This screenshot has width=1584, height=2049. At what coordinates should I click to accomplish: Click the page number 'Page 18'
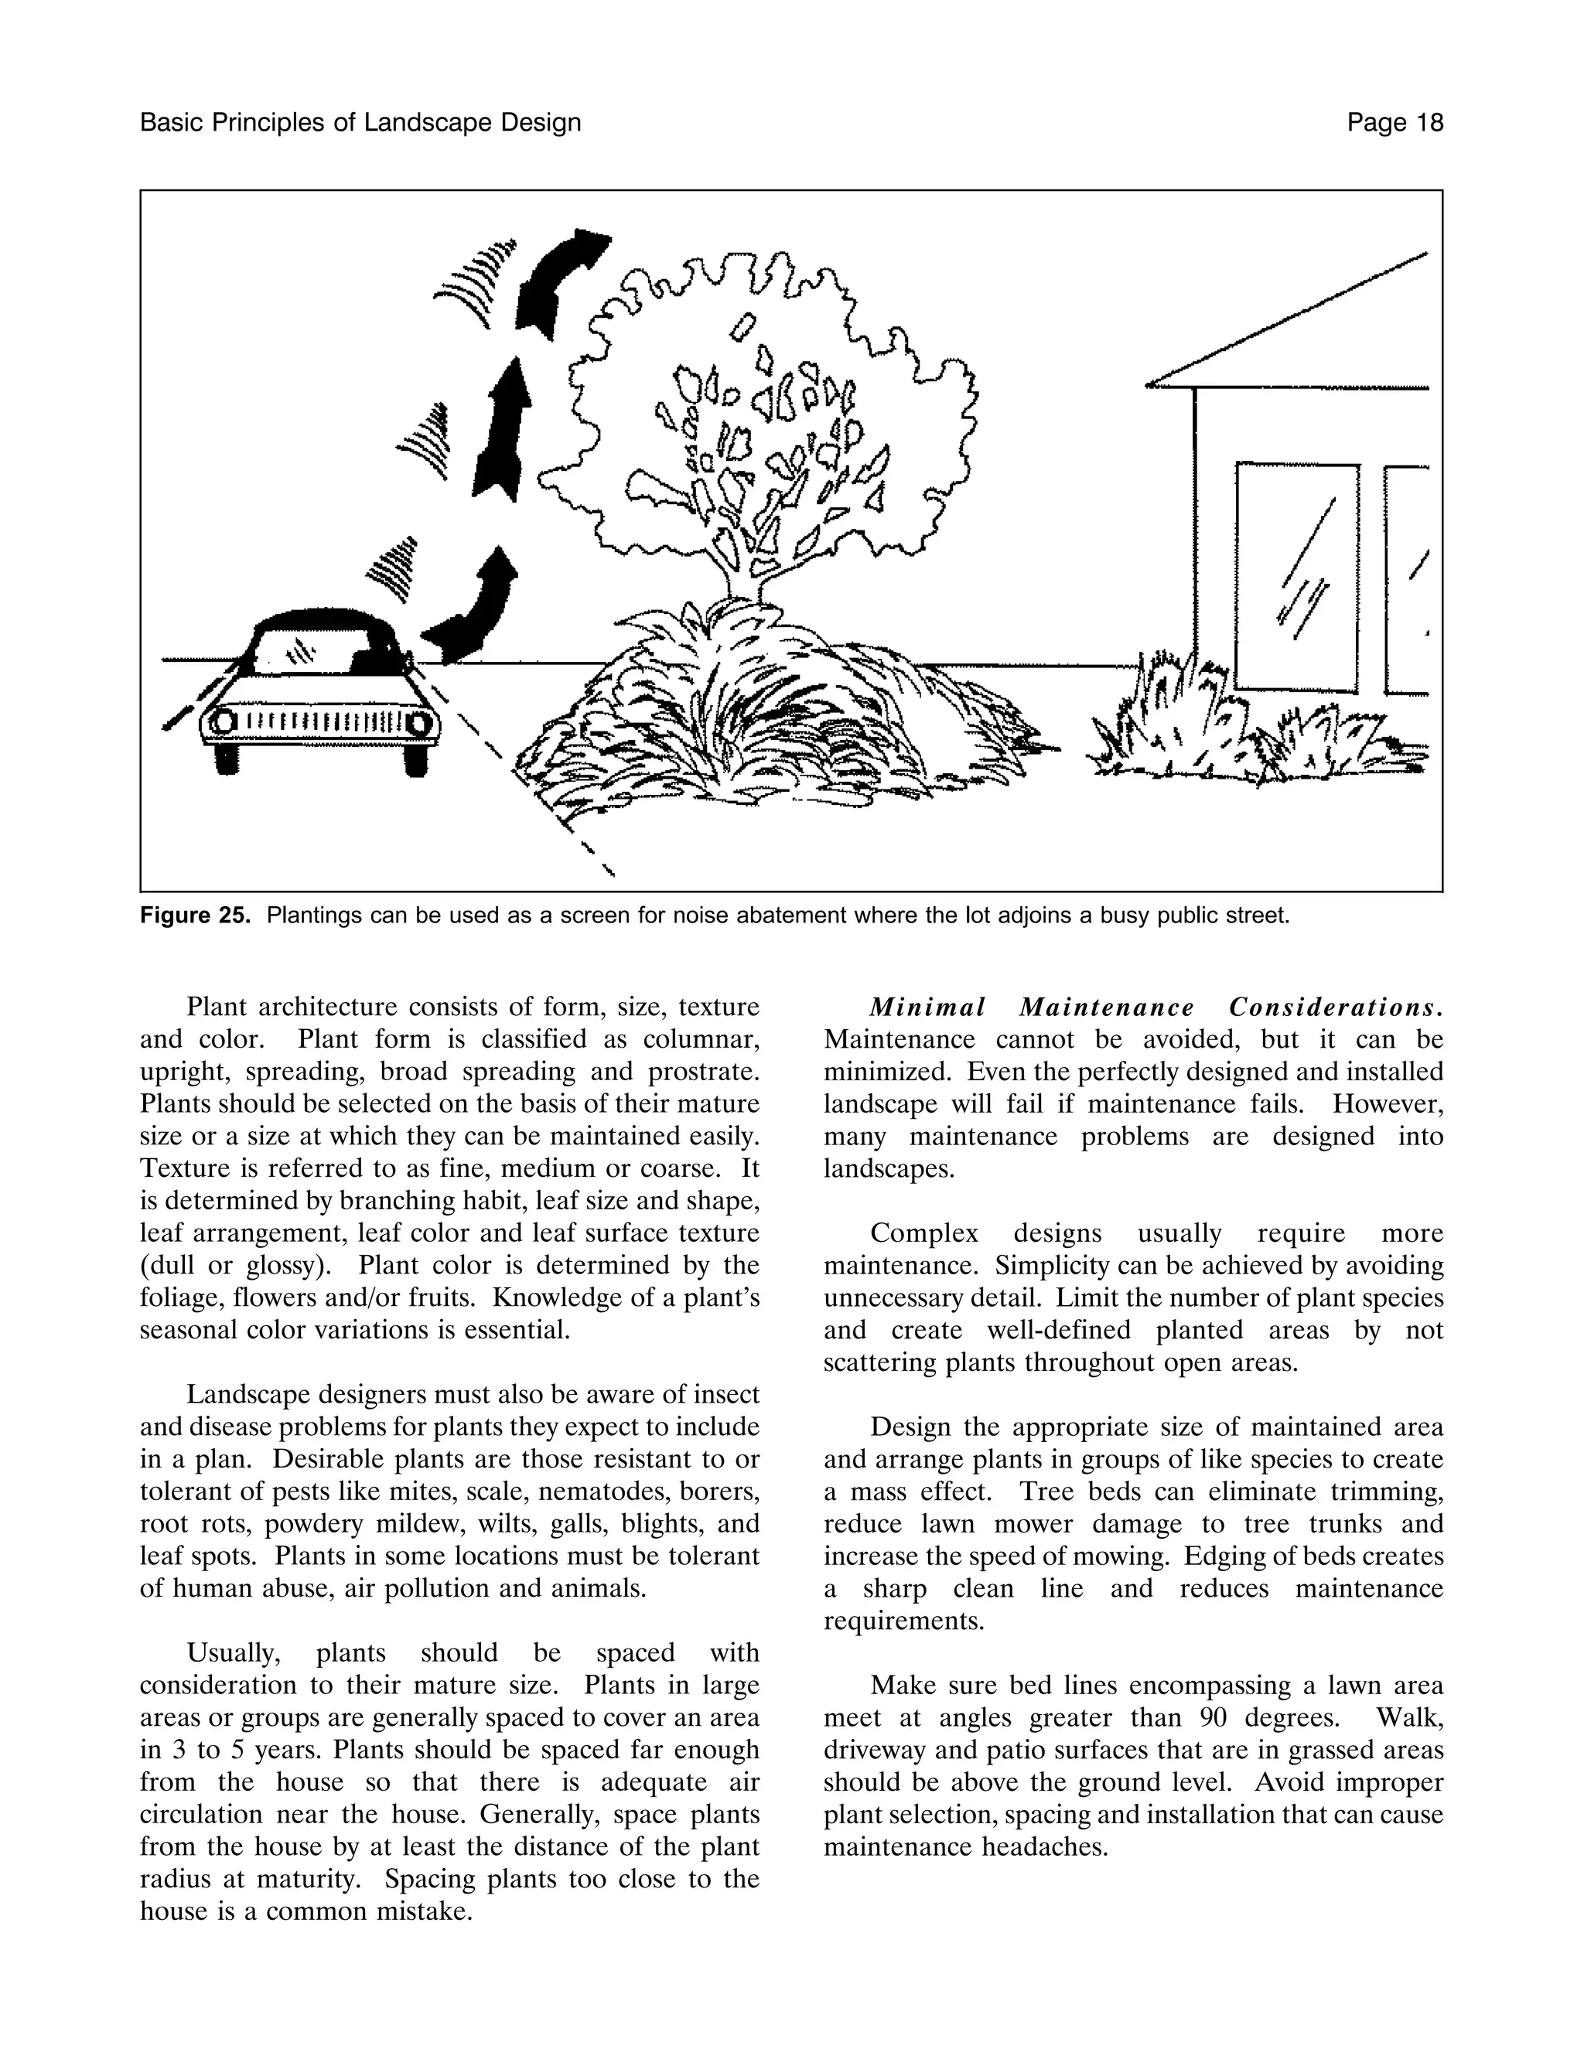(1395, 123)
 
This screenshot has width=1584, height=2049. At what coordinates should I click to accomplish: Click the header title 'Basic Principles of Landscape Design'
(360, 123)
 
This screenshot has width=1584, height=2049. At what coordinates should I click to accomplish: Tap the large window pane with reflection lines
(1297, 577)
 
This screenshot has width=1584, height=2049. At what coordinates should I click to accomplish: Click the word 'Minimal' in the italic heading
(927, 1007)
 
